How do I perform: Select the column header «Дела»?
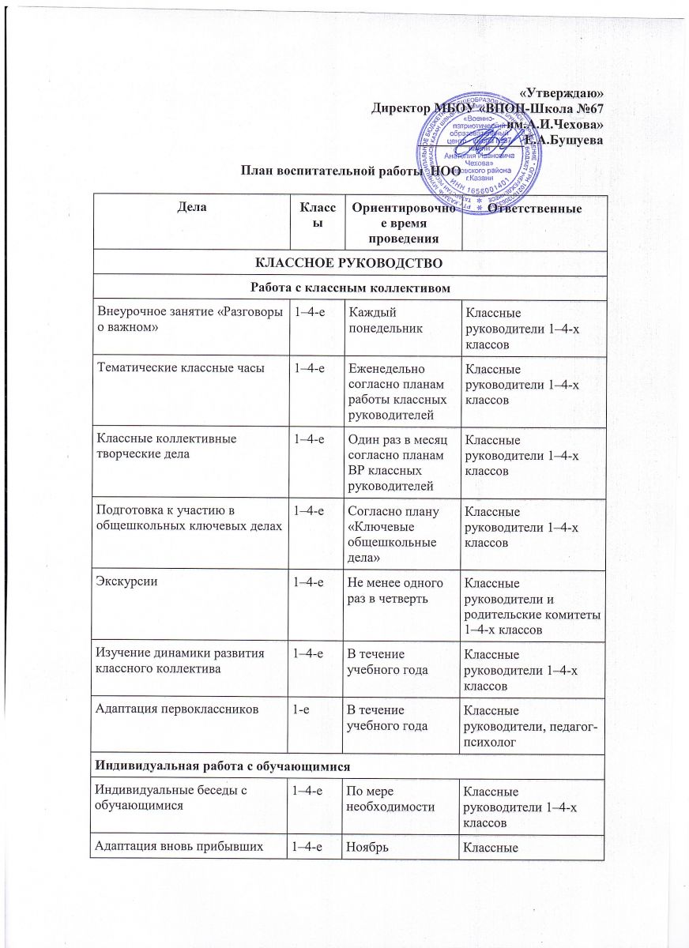[190, 208]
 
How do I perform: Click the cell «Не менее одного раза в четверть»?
[393, 590]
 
